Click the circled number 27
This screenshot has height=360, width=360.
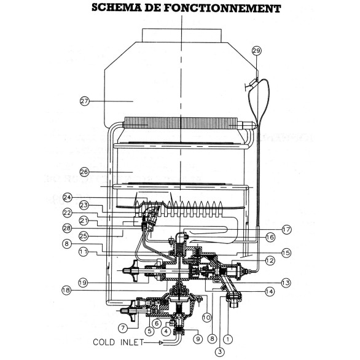coord(85,100)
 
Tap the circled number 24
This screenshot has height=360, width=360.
coord(85,197)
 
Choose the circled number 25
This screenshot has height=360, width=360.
coord(85,237)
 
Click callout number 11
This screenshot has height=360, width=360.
coord(85,252)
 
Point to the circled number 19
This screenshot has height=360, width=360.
coord(85,283)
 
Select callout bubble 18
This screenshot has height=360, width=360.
coord(85,290)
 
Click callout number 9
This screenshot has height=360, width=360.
coord(197,337)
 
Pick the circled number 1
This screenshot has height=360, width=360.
coord(229,337)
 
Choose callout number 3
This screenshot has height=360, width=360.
coord(219,351)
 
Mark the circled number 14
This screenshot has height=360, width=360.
coord(269,292)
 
